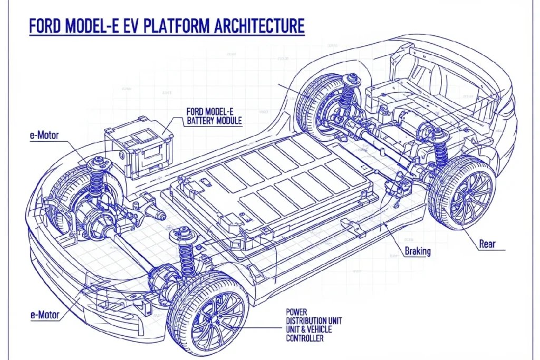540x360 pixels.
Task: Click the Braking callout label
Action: (417, 251)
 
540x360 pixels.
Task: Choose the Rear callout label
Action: (488, 244)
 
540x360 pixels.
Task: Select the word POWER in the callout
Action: (297, 312)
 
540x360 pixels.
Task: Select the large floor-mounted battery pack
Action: (274, 182)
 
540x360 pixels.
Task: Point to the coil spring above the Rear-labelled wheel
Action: (441, 148)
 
